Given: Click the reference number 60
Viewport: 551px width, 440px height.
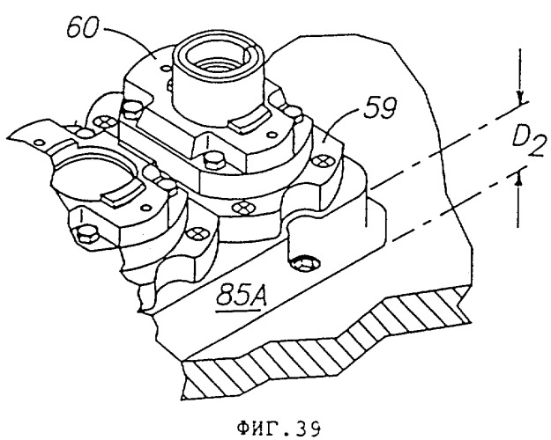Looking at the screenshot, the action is click(82, 27).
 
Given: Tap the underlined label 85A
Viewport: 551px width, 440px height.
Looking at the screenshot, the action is click(241, 296).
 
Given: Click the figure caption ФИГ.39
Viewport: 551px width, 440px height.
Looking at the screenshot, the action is click(279, 429).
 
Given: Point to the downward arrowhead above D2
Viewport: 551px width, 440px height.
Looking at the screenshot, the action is click(521, 98).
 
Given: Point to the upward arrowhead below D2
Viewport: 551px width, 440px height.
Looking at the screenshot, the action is click(518, 179).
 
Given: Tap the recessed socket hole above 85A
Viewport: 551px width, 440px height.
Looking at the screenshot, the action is click(304, 263).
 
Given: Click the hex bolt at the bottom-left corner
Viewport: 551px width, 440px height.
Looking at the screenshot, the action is click(86, 234).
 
